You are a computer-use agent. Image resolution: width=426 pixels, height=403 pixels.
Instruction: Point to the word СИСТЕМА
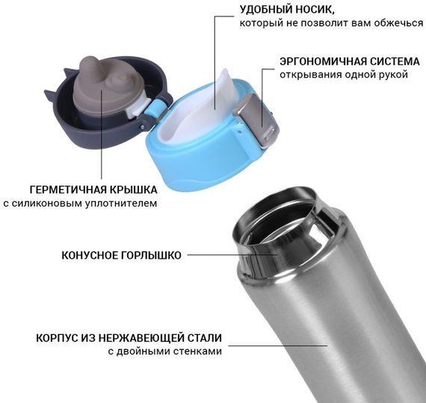(x=394, y=61)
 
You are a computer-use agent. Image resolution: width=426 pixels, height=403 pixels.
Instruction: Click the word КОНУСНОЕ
(x=89, y=256)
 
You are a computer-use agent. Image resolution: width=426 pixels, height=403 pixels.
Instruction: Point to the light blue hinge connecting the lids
(x=154, y=108)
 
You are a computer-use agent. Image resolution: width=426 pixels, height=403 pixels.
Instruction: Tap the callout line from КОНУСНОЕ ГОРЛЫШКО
(x=232, y=255)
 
